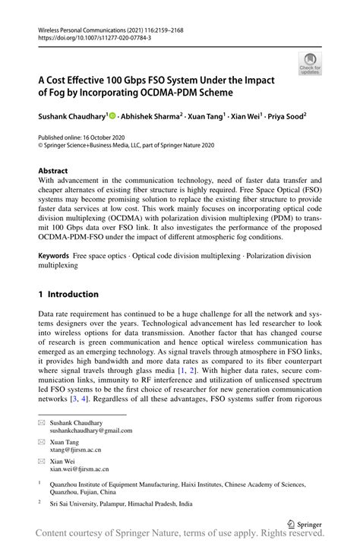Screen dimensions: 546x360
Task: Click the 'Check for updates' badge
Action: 310,65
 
